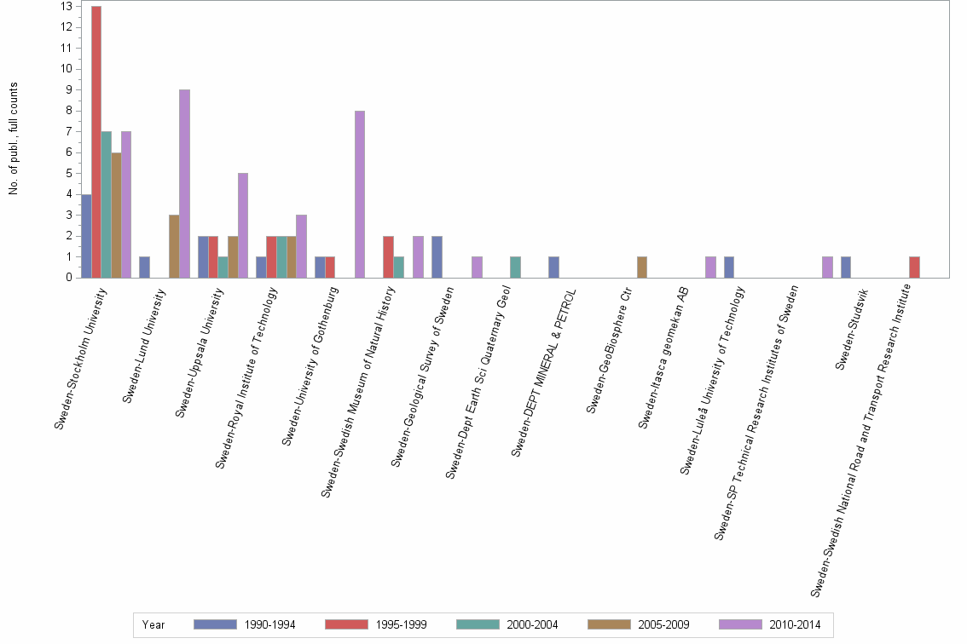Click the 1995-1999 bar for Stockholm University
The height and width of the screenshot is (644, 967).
(96, 141)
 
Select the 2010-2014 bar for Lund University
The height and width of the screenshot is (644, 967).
(184, 183)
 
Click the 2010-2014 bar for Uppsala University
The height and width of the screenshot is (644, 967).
(243, 225)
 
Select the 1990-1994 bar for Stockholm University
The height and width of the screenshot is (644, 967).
(86, 235)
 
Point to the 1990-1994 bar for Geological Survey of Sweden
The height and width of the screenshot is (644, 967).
(437, 256)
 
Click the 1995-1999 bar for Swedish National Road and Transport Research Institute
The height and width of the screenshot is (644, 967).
(914, 267)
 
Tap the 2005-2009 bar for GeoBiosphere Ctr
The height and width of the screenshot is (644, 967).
(642, 267)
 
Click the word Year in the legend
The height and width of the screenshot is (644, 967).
(154, 624)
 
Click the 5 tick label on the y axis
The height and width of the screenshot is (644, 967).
(67, 173)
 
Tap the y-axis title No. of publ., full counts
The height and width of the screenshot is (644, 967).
(14, 139)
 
